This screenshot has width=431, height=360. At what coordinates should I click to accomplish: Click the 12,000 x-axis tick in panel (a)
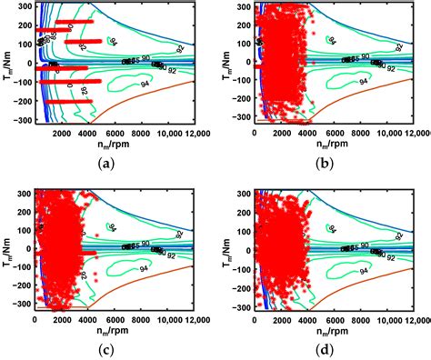[x=188, y=133]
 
